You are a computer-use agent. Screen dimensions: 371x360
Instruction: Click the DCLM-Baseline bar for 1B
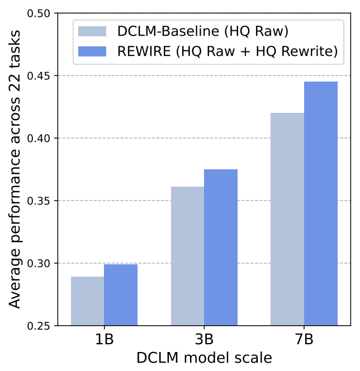(x=87, y=301)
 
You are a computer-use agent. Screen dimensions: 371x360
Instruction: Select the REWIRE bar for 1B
(x=121, y=294)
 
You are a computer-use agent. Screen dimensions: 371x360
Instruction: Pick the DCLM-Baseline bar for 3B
(x=187, y=256)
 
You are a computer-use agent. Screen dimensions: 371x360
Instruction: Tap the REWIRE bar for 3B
(x=221, y=247)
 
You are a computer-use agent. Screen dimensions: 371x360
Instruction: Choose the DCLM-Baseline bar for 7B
(x=287, y=219)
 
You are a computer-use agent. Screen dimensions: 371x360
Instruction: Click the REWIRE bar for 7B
(x=321, y=203)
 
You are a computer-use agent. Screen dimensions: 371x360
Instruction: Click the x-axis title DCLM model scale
(x=204, y=358)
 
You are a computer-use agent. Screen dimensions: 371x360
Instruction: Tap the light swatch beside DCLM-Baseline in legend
(x=92, y=31)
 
